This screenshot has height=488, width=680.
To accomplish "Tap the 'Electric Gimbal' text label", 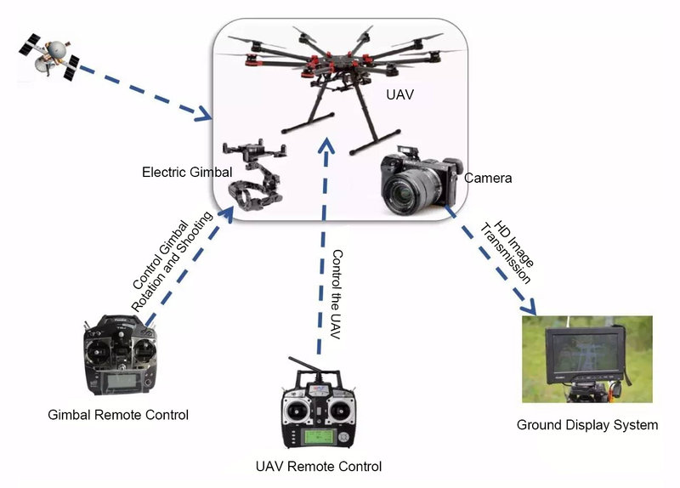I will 187,173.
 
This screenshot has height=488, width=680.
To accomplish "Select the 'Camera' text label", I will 488,179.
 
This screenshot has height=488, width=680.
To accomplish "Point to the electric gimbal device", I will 254,175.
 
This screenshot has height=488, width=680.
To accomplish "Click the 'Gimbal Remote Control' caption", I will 119,415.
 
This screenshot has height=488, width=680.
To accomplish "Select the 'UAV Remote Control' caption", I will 319,466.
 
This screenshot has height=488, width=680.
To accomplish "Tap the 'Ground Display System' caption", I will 587,424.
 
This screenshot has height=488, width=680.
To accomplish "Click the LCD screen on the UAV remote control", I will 318,439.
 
